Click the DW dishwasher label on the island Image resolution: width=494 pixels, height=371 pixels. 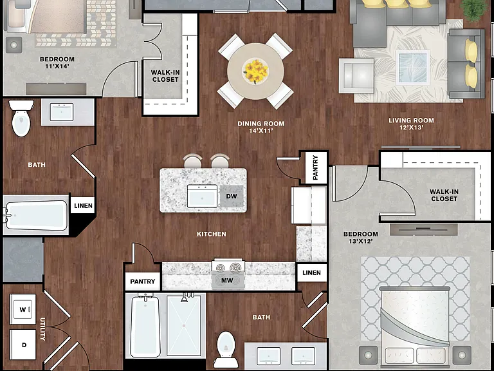[232, 196]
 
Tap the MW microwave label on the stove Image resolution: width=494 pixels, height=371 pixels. [227, 280]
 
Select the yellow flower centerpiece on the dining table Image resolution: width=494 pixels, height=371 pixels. [255, 71]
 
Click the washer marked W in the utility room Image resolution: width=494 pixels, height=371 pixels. [23, 309]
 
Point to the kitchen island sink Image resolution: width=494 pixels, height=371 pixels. [202, 196]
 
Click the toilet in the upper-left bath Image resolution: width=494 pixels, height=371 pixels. [21, 119]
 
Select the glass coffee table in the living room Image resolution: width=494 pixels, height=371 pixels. [413, 68]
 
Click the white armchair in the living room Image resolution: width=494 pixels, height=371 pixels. [356, 76]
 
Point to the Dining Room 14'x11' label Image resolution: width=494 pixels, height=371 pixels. [261, 127]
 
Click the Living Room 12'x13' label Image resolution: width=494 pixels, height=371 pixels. [411, 124]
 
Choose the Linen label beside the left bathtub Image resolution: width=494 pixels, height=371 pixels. [83, 205]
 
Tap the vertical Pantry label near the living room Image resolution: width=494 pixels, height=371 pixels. [315, 167]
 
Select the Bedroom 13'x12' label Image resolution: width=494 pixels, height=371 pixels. [360, 238]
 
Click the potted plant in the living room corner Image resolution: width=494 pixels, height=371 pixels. [474, 10]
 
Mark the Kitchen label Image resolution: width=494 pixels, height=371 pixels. [212, 234]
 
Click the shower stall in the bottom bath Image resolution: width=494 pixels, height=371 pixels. [184, 325]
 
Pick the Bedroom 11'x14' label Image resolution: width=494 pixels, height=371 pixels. [57, 62]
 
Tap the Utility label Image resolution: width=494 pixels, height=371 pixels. [42, 329]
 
